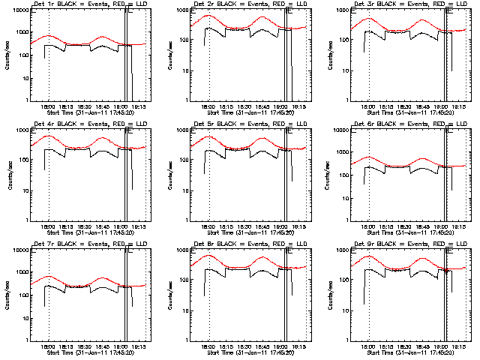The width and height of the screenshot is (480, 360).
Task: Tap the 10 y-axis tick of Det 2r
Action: pos(184,70)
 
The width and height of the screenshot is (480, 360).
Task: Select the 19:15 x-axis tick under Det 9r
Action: pos(460,346)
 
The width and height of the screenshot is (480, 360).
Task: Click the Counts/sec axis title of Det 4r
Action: pos(8,173)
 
